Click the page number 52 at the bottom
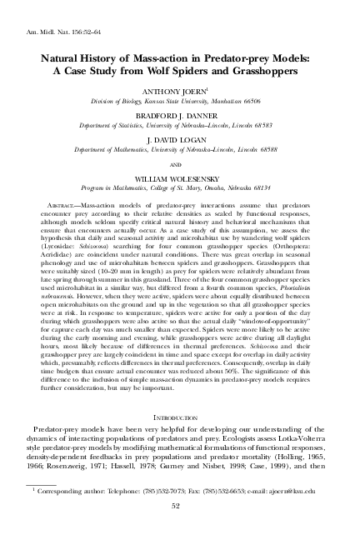pos(180,527)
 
